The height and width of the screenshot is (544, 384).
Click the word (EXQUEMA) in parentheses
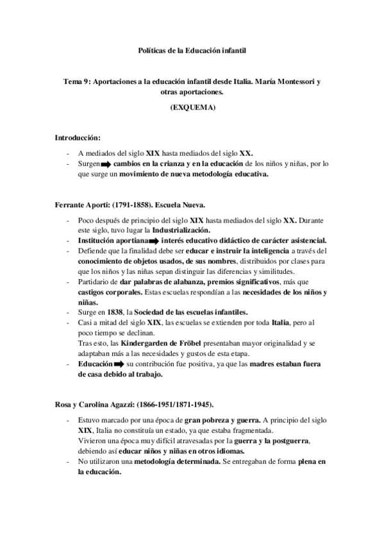192,108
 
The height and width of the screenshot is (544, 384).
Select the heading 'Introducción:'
77,137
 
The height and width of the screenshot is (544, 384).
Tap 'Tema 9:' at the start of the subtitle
76,83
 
